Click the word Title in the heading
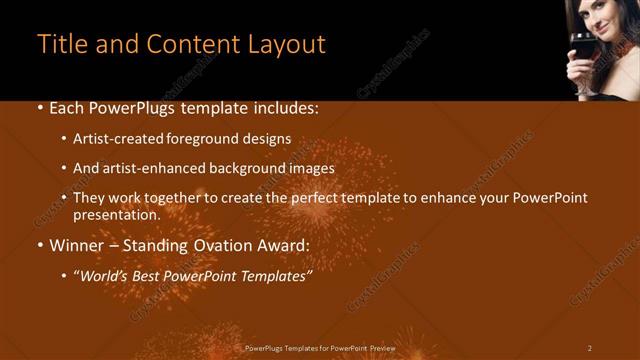click(x=61, y=45)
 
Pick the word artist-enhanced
click(x=150, y=169)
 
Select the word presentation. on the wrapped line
click(x=116, y=214)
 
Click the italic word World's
click(x=104, y=276)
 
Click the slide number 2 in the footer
click(x=589, y=348)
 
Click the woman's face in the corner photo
click(x=599, y=17)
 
